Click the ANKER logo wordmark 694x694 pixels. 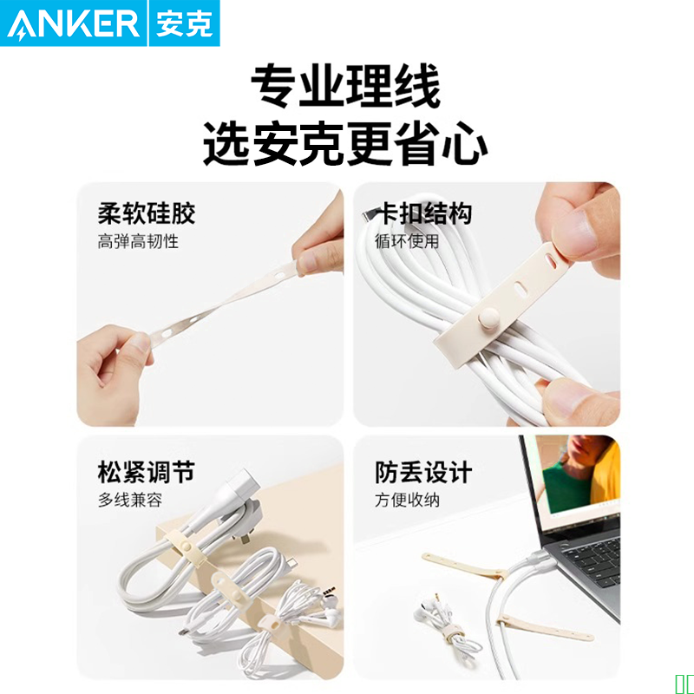[74, 24]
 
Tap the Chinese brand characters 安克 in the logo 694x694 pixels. [184, 24]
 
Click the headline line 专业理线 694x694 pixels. [345, 86]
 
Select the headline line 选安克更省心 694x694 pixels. [345, 143]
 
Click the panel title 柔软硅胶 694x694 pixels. [147, 213]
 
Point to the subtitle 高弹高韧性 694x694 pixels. [138, 242]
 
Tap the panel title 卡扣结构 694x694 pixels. [423, 213]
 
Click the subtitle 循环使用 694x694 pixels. [407, 242]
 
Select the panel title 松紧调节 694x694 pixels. [147, 472]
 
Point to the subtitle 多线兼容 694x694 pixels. [130, 501]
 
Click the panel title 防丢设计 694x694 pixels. [423, 472]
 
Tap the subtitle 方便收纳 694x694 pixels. [407, 501]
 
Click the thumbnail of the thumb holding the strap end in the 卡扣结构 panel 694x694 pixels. [573, 228]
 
